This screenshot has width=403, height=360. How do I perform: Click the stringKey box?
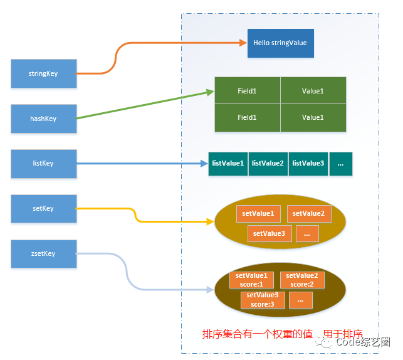pos(44,73)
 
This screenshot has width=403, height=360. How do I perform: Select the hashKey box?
pos(44,119)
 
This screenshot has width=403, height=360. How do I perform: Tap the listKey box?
pos(44,164)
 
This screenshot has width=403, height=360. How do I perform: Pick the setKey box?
pos(44,209)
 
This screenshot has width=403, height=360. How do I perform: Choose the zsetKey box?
pos(44,254)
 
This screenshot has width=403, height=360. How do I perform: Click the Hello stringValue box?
pos(281,43)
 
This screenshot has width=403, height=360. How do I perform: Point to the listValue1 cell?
pos(228,164)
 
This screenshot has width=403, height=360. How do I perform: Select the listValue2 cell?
pos(268,164)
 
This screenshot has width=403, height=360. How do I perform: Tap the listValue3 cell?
pos(308,164)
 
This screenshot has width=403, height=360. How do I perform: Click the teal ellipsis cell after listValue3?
pos(341,164)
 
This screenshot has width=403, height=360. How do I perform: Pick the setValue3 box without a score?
pos(270,233)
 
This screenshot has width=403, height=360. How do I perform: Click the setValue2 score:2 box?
pos(302,280)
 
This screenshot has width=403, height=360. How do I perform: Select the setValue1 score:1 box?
pos(251,280)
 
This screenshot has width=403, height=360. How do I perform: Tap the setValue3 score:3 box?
pos(263,300)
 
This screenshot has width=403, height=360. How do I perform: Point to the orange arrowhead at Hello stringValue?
pos(243,43)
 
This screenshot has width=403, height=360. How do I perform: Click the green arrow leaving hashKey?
pos(145,104)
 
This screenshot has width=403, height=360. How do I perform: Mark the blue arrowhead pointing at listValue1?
pos(204,164)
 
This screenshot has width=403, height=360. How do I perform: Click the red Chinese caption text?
pos(283,334)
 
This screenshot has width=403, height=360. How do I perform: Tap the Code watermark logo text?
pos(363,342)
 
